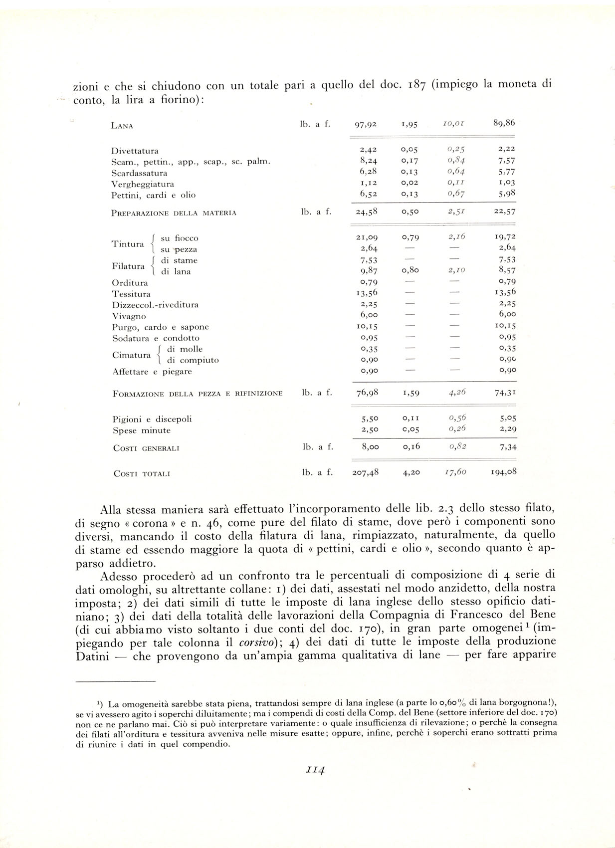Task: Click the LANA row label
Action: pyautogui.click(x=122, y=126)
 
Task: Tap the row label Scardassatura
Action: pyautogui.click(x=139, y=173)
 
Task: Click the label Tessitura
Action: pyautogui.click(x=131, y=294)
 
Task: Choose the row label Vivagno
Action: pyautogui.click(x=129, y=316)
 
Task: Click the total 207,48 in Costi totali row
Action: pyautogui.click(x=365, y=472)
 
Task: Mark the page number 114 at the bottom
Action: pyautogui.click(x=315, y=770)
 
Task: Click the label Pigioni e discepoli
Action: pyautogui.click(x=152, y=420)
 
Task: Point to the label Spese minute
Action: pyautogui.click(x=142, y=430)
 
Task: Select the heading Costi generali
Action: pyautogui.click(x=146, y=448)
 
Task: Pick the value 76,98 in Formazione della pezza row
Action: pyautogui.click(x=367, y=393)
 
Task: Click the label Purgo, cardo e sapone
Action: pyautogui.click(x=160, y=327)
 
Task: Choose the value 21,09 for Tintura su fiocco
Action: pyautogui.click(x=367, y=237)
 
